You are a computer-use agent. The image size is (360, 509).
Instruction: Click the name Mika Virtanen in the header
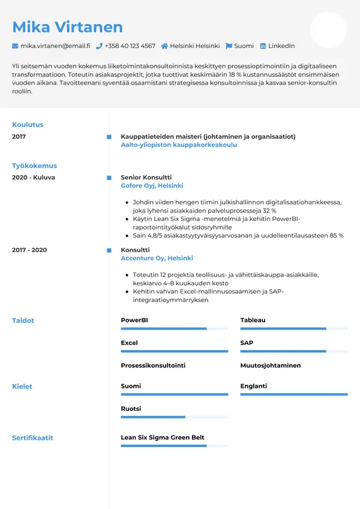[67, 27]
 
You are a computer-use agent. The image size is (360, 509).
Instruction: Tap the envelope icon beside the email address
[16, 46]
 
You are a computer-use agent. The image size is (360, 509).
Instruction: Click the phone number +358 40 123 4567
[130, 46]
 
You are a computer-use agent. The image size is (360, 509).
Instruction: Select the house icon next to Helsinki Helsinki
[164, 46]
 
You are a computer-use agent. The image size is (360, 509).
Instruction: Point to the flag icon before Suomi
[229, 46]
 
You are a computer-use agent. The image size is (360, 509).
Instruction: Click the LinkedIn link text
[281, 46]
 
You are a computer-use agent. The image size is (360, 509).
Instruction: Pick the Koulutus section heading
[28, 125]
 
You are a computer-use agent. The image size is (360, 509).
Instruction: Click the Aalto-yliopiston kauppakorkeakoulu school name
[179, 145]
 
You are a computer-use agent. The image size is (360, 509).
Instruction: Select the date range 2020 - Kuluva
[34, 178]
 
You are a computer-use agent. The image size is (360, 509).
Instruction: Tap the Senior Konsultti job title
[146, 178]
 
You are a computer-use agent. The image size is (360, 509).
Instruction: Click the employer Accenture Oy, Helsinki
[157, 258]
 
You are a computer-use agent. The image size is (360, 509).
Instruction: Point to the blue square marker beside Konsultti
[109, 250]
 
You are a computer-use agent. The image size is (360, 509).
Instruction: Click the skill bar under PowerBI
[174, 329]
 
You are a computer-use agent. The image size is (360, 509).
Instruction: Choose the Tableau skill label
[253, 321]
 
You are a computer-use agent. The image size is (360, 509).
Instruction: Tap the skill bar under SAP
[293, 351]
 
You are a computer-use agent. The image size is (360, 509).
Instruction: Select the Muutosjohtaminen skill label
[270, 366]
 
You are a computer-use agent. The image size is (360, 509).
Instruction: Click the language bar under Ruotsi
[174, 417]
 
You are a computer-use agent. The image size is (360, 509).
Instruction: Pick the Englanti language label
[253, 387]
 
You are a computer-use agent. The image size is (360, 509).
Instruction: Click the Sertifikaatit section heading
[32, 438]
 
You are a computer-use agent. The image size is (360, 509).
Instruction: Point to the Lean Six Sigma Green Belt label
[163, 438]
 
